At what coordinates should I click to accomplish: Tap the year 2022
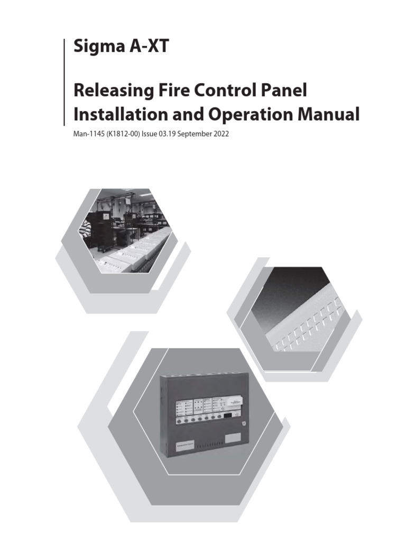[222, 134]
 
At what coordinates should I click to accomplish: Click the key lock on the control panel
[242, 423]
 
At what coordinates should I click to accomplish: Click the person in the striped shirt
[85, 229]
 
